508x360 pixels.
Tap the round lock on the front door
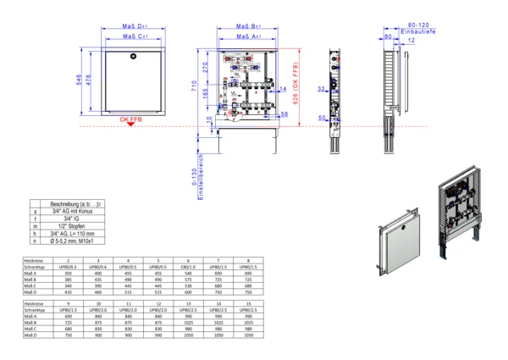click(134, 56)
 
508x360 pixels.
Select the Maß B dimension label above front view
click(246, 26)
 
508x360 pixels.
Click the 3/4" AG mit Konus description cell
click(78, 212)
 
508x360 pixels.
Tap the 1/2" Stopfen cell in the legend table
click(78, 227)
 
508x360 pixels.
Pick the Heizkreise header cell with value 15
click(247, 303)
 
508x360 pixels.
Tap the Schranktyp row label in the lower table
click(35, 311)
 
